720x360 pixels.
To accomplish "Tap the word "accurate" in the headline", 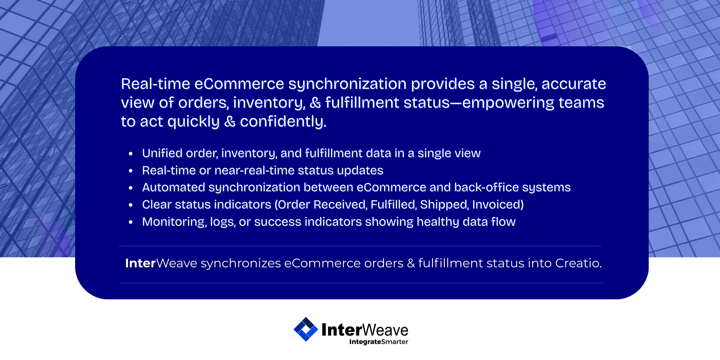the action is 574,84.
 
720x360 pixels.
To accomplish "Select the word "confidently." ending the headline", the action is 283,122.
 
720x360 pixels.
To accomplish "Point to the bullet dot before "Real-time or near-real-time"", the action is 131,171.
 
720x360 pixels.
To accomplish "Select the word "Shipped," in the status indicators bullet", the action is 444,205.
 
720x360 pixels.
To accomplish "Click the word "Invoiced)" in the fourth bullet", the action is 498,205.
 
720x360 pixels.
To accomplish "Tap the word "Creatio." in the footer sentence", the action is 579,263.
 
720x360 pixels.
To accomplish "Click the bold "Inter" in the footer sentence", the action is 141,263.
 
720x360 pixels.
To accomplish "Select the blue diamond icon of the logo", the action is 306,329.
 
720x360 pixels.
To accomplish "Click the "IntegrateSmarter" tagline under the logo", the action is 379,342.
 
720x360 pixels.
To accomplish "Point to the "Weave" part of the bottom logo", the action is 385,330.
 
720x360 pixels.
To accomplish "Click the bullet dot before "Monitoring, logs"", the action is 131,222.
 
